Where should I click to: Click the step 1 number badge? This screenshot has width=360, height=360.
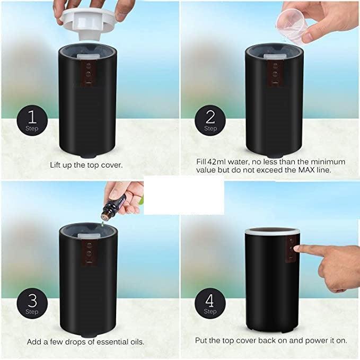tap(32, 120)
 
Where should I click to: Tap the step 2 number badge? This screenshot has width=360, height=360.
tap(210, 120)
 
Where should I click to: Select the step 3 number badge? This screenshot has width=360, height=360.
tap(32, 303)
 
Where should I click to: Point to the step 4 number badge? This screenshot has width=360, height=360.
tap(210, 303)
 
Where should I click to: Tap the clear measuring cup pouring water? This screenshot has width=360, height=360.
tap(292, 25)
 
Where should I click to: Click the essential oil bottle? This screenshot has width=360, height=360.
tap(113, 207)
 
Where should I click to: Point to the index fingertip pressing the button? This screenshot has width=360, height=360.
tap(296, 248)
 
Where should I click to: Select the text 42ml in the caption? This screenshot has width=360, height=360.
tap(215, 162)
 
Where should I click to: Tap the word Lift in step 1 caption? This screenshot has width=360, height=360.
tap(55, 165)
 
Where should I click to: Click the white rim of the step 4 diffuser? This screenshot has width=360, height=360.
tap(273, 232)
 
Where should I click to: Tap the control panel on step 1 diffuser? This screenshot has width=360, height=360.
tap(89, 74)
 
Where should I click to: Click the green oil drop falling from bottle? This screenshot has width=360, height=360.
tap(103, 224)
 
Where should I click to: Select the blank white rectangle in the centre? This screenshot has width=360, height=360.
tap(183, 196)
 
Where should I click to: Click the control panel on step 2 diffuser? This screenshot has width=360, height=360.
tap(275, 74)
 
